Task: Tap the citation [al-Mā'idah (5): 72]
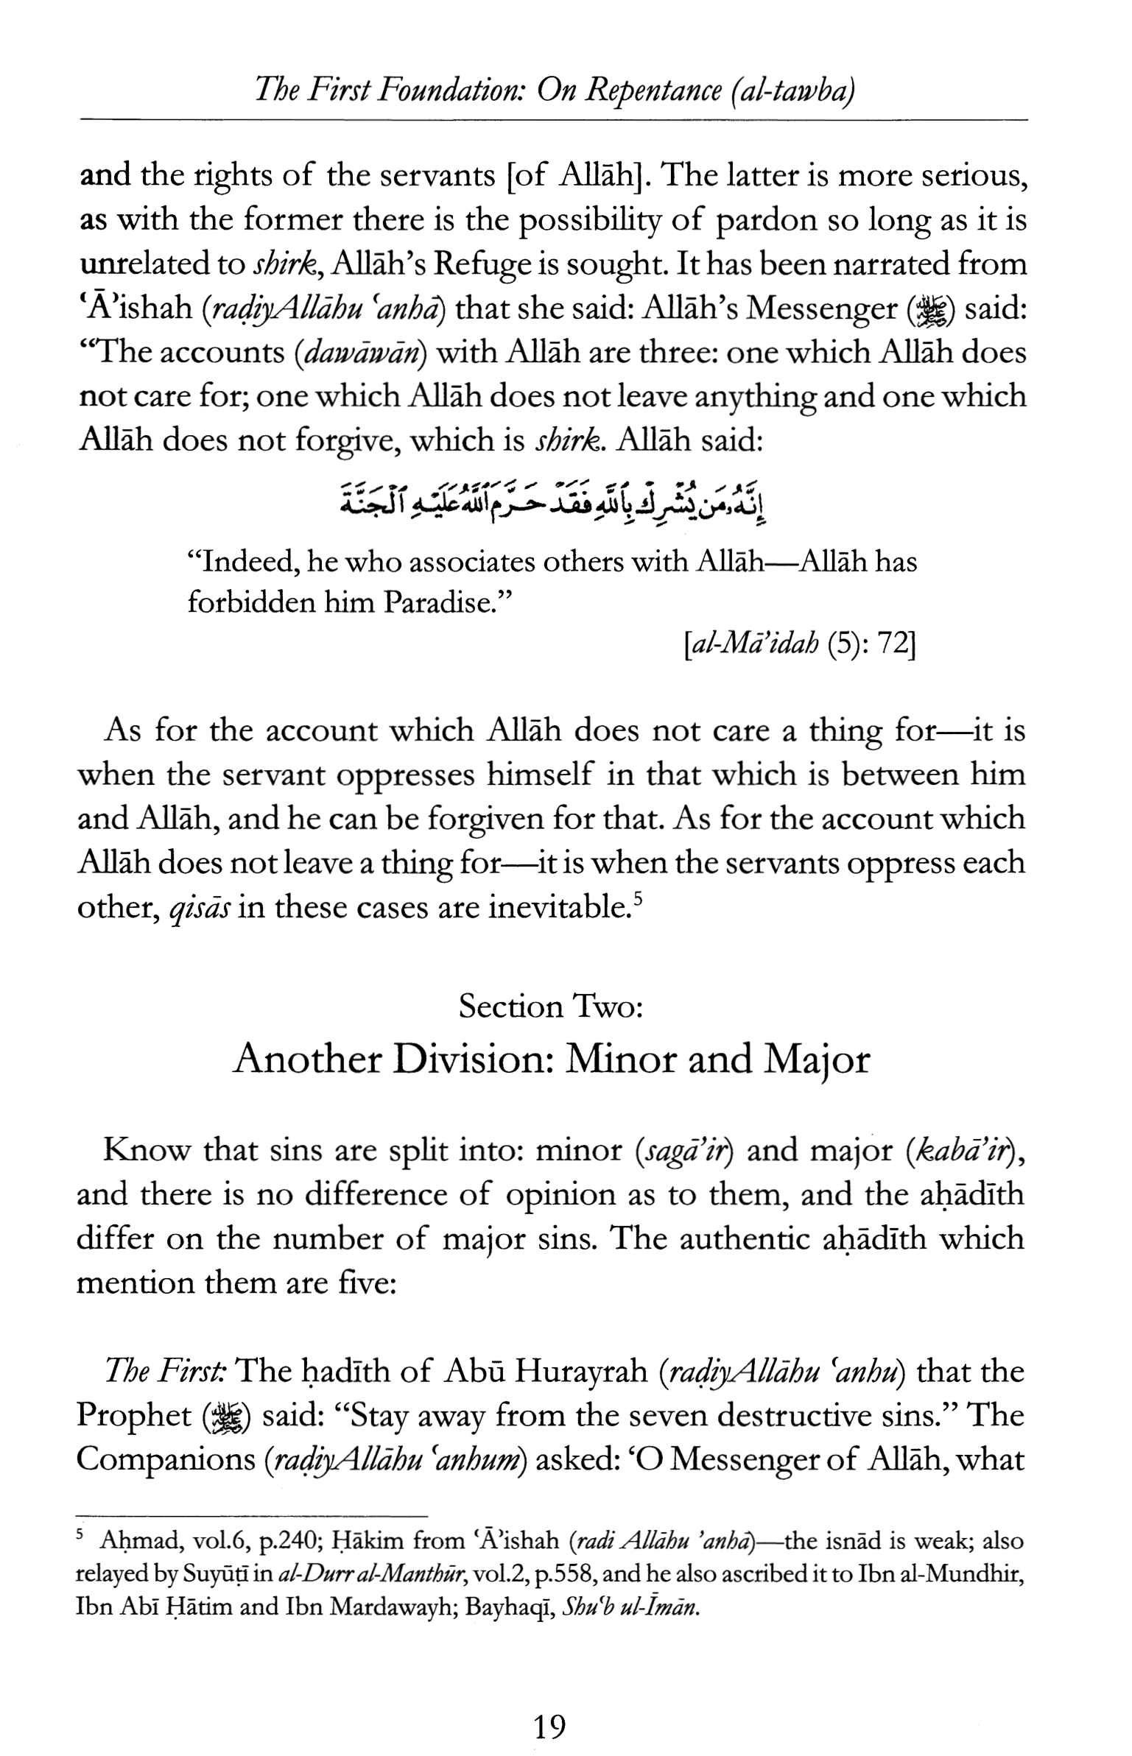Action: (799, 645)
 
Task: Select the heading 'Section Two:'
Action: (551, 1006)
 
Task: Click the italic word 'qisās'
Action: (200, 908)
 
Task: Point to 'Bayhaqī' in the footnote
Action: (518, 1606)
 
